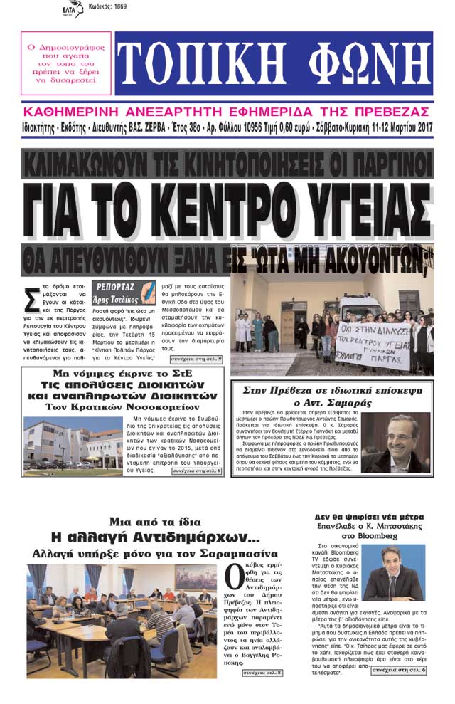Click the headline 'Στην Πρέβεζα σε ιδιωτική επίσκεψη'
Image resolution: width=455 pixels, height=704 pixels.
point(333,390)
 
